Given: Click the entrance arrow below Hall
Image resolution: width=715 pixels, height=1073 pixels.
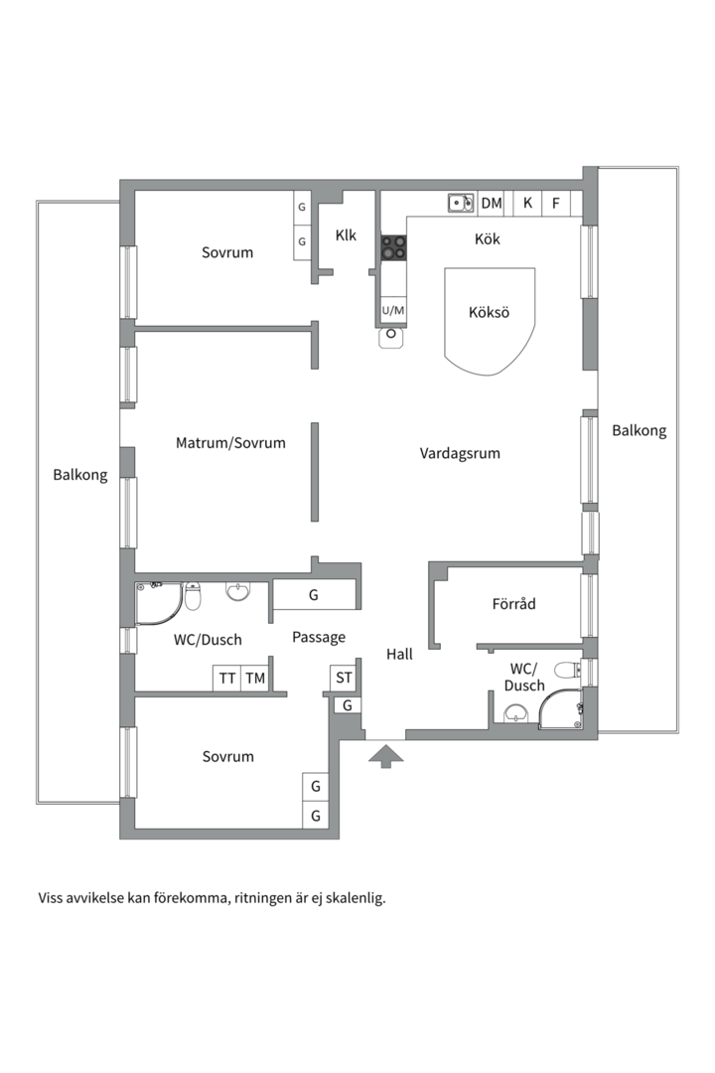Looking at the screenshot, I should (386, 757).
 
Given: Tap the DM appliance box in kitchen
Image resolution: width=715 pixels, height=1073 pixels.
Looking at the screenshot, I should (492, 204).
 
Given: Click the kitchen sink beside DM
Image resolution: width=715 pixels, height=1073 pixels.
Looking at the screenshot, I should (460, 204).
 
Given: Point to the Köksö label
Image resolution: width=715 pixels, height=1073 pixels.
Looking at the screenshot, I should (489, 312).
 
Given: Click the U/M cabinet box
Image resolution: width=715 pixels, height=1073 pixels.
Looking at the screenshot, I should (393, 311).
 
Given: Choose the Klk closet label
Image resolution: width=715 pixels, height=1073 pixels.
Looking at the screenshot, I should (346, 235).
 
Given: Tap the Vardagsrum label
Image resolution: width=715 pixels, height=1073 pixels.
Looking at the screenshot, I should (460, 453).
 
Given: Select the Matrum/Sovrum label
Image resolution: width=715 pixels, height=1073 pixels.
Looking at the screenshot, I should (230, 443).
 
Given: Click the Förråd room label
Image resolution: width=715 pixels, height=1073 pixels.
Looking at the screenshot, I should (513, 603).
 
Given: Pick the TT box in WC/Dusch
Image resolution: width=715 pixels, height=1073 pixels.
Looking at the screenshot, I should (227, 679).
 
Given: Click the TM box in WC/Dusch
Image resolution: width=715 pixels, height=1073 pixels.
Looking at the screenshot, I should (256, 679).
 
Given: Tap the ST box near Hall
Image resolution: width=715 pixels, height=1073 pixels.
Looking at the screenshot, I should (344, 679).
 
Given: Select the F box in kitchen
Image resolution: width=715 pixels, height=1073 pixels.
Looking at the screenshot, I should (556, 204).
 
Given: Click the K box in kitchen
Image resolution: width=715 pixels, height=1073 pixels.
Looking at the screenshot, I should (527, 204).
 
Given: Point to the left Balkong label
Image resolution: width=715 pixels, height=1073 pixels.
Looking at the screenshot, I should (79, 475).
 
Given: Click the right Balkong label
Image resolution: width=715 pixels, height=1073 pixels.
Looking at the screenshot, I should (639, 430).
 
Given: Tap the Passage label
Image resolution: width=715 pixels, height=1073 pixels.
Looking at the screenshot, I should (319, 637).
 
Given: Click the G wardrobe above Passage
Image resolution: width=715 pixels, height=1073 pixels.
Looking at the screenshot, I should (313, 595).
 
